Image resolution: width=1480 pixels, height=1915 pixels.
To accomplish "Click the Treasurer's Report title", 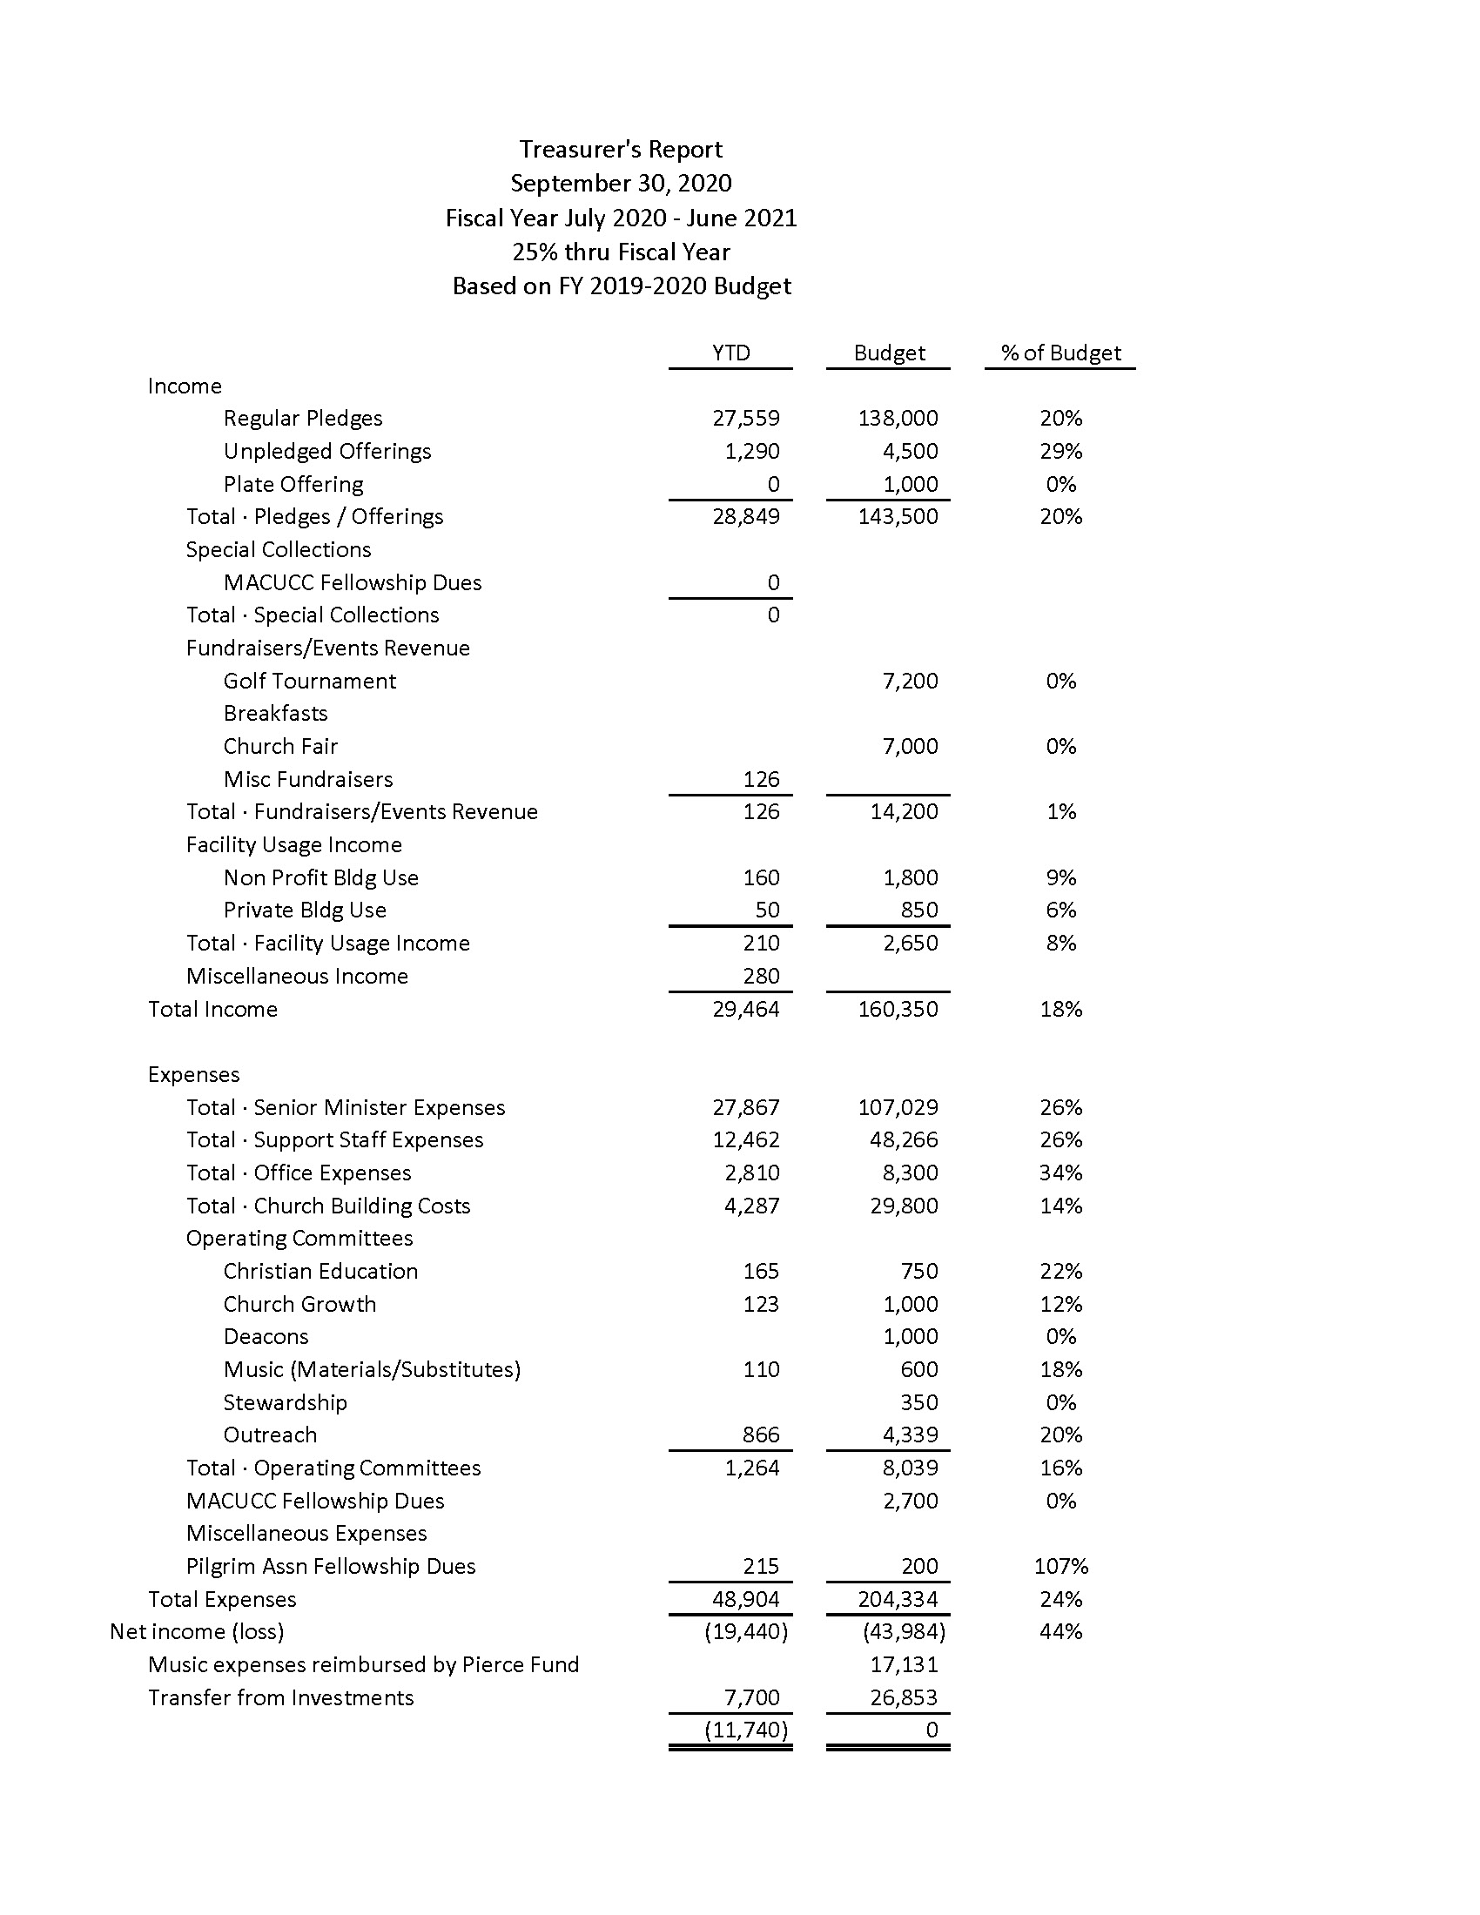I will [621, 150].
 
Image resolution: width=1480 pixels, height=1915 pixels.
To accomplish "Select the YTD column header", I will [730, 353].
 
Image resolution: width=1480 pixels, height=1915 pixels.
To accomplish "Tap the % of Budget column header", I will [1061, 353].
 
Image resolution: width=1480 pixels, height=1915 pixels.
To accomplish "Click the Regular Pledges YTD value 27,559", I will [745, 418].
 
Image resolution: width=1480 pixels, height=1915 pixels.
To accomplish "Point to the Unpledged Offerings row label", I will [327, 452].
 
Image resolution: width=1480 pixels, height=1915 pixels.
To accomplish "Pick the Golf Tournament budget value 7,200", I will [910, 682].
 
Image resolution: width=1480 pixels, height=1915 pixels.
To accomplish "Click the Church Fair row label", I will [280, 746].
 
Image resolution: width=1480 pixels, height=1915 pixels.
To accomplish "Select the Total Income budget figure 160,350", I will [898, 1009].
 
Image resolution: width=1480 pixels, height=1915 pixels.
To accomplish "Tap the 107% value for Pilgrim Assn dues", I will [1061, 1566].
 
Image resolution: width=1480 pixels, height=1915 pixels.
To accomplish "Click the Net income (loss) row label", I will [197, 1632].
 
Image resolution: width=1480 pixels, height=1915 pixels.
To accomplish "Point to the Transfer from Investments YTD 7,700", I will [751, 1697].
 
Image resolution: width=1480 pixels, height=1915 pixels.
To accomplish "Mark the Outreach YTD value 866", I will [760, 1435].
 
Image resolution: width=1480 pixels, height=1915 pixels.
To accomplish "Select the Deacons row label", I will [266, 1337].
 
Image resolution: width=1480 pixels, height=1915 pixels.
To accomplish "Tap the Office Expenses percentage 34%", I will [1061, 1173].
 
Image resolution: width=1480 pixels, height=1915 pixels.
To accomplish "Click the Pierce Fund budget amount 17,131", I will [904, 1664].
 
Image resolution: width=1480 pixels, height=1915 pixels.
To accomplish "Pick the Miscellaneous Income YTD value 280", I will [760, 976].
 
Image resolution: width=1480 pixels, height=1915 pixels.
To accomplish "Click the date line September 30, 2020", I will [621, 184].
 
